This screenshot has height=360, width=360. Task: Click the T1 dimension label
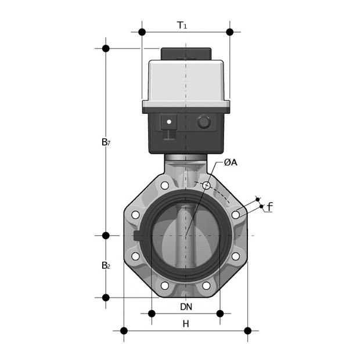tap(182, 25)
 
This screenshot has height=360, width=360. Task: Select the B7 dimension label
tap(105, 142)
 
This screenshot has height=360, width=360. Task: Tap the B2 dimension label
tap(105, 266)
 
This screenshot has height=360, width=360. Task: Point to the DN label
tap(186, 306)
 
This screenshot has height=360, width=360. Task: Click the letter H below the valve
tap(186, 324)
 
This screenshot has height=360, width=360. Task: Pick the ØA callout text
tap(231, 163)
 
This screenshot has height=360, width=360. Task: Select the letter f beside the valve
tap(269, 207)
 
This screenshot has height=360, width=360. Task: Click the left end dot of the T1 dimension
tap(142, 31)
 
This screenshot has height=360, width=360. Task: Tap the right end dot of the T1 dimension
tap(229, 31)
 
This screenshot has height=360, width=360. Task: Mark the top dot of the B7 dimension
tap(106, 48)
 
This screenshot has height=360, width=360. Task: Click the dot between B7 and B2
tap(106, 235)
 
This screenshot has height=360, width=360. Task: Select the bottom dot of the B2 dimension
tap(106, 297)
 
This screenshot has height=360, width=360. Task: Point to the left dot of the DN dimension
tap(152, 314)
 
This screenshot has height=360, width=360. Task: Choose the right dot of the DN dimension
tap(220, 314)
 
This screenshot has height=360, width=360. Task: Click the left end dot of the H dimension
tap(124, 330)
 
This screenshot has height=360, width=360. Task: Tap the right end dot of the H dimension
tap(247, 330)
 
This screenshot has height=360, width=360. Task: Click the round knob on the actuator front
tap(204, 123)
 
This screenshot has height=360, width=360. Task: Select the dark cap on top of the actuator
tap(185, 54)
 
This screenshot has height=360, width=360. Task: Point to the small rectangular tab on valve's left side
tap(137, 235)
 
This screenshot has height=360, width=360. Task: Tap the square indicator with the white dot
tap(170, 123)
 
